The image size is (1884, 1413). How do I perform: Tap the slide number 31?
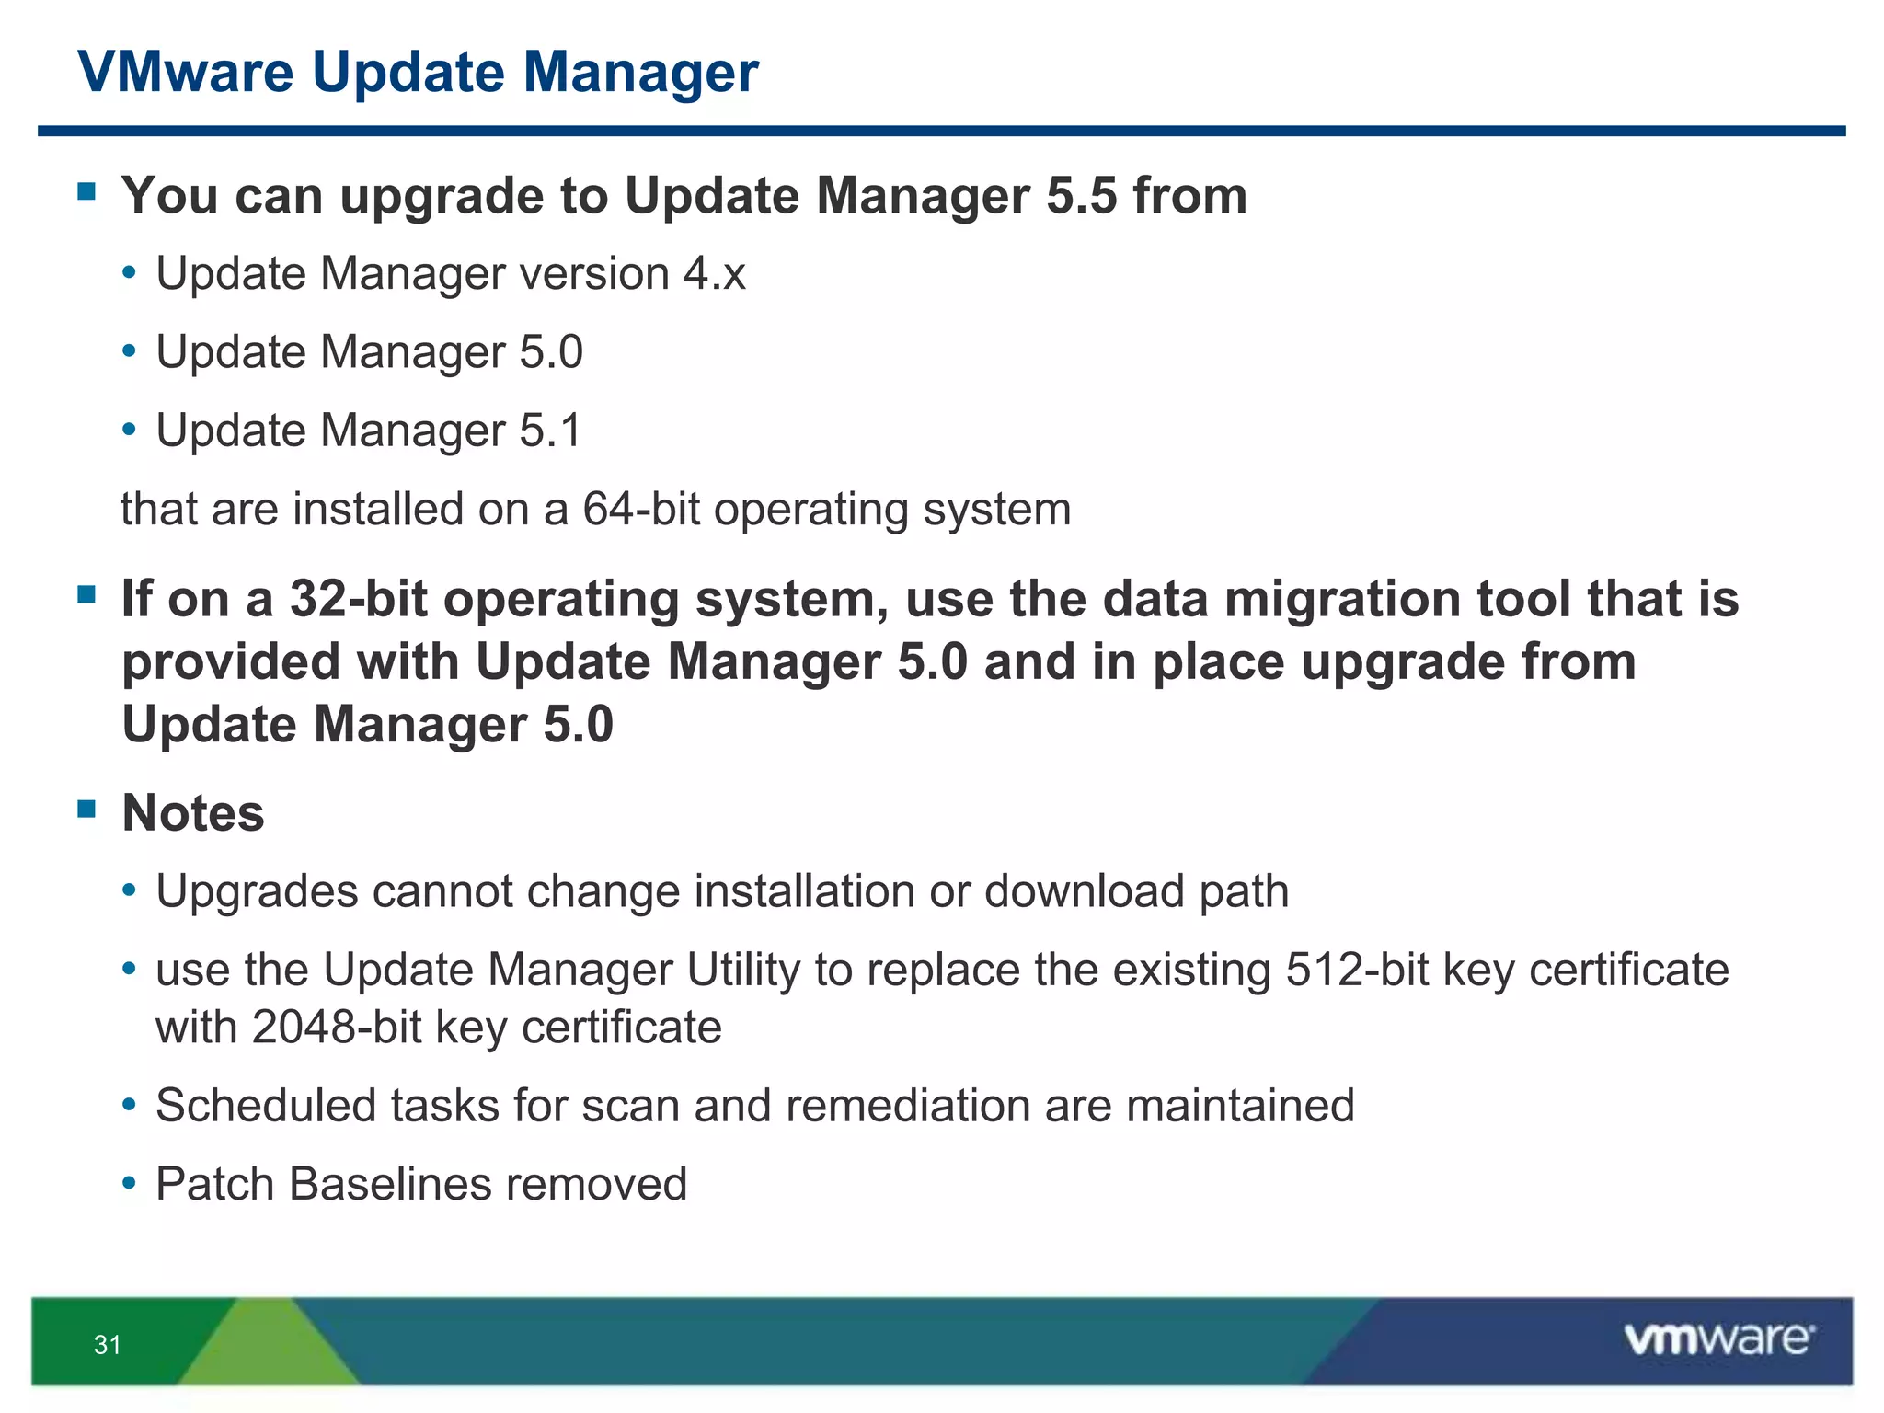pos(108,1345)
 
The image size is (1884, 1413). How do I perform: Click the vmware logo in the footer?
pos(1718,1339)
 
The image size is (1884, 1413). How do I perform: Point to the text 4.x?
pos(714,274)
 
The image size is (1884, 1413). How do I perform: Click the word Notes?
pos(193,813)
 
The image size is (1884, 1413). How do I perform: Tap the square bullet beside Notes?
pos(87,810)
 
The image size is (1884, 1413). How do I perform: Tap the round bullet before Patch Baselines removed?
pos(130,1181)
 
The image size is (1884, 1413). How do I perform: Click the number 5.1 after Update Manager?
pos(550,431)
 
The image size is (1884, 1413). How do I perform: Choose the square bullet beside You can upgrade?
pos(87,191)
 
